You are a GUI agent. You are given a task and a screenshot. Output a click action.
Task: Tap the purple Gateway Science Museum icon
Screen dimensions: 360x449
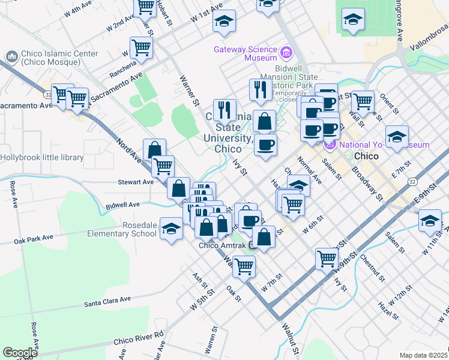[x=286, y=53]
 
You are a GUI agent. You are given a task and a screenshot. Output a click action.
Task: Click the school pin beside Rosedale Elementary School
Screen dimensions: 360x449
[x=171, y=229]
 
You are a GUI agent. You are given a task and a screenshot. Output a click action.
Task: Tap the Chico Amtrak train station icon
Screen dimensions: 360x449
[x=253, y=245]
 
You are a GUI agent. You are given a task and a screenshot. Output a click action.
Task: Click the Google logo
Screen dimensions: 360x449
[x=20, y=353]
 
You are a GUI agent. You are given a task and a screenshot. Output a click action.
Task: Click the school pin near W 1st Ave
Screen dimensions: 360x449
[x=224, y=22]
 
